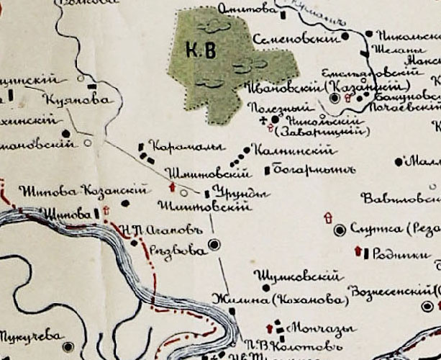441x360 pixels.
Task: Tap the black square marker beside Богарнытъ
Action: click(x=267, y=171)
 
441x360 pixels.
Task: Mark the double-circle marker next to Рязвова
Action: click(x=213, y=245)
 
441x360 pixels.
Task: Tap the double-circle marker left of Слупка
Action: click(x=340, y=230)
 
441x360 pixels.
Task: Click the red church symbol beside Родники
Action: click(x=358, y=251)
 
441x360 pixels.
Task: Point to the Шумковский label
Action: click(x=295, y=276)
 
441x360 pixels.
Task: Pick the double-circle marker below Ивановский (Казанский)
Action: click(x=335, y=98)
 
